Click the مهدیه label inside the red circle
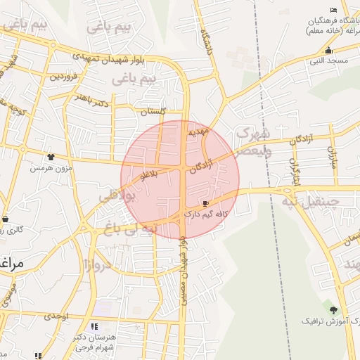pyautogui.click(x=196, y=131)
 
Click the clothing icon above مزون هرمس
pyautogui.click(x=50, y=157)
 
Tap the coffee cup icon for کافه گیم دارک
pyautogui.click(x=205, y=202)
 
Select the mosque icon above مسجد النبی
pyautogui.click(x=328, y=51)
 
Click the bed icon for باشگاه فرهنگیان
pyautogui.click(x=333, y=9)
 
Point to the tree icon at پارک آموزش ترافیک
pyautogui.click(x=333, y=309)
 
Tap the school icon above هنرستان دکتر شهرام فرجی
pyautogui.click(x=94, y=326)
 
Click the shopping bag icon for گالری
pyautogui.click(x=6, y=219)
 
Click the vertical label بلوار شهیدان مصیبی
pyautogui.click(x=183, y=271)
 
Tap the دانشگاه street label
pyautogui.click(x=206, y=42)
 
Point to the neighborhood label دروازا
pyautogui.click(x=97, y=266)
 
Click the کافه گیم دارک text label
pyautogui.click(x=203, y=212)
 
